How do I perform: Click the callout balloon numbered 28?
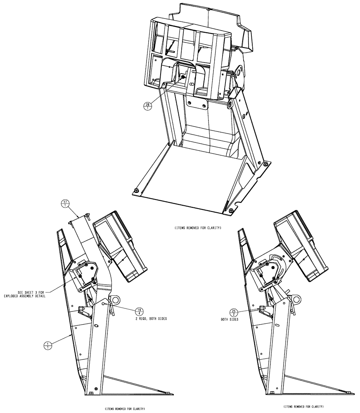click(x=148, y=106)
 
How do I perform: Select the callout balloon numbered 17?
click(x=65, y=203)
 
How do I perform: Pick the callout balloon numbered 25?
click(x=235, y=312)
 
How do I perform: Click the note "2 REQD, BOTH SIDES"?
click(x=140, y=320)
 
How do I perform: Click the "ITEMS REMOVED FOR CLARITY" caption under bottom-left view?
click(x=124, y=408)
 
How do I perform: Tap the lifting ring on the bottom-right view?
click(x=296, y=298)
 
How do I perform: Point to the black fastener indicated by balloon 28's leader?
click(x=183, y=77)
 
